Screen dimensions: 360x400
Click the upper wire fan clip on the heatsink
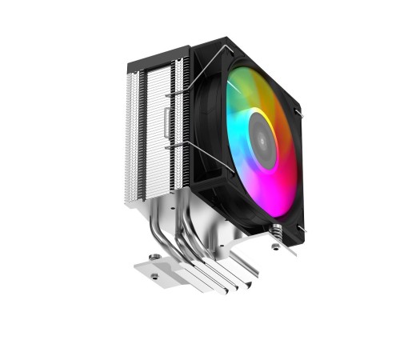tap(180, 94)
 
